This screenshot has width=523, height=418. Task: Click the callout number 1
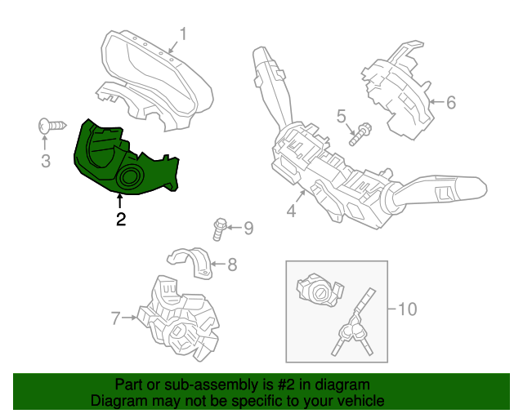pos(183,34)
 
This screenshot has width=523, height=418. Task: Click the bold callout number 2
pos(121,219)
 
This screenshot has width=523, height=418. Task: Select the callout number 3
pos(46,161)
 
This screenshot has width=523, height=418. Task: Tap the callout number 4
pos(291,212)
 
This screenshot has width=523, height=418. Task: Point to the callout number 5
pos(342,116)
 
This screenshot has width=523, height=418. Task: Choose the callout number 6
pos(450,103)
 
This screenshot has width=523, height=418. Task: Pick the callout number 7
pos(115,318)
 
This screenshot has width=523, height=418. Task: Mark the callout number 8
pos(232,264)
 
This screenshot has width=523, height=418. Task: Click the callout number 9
pos(248,228)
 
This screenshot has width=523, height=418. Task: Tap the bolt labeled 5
pos(360,132)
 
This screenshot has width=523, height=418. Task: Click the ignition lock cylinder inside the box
pos(315,291)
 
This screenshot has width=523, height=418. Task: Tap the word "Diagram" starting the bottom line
pos(118,401)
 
